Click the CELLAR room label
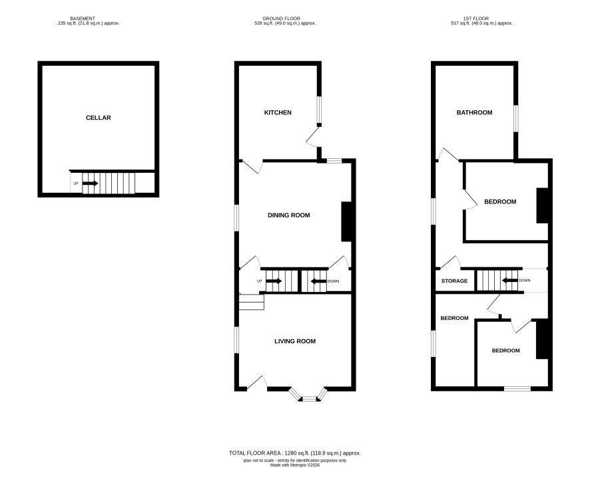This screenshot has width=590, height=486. pos(98,118)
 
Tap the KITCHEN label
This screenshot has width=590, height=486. pos(278,112)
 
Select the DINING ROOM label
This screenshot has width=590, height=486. pos(288,215)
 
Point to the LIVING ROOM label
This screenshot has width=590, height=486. pos(295,341)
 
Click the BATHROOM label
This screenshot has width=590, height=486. pos(475,112)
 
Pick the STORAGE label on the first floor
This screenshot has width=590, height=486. pos(455,281)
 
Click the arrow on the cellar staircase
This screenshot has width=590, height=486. pos(91,183)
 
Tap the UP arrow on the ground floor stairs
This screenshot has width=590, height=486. pos(274,281)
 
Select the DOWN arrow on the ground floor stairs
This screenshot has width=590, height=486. pos(318,281)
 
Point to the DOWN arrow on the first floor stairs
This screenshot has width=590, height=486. pos(510,280)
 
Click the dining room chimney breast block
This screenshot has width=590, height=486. pos(346,221)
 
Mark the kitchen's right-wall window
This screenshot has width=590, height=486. pos(319,110)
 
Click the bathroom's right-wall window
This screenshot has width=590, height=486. pos(516,119)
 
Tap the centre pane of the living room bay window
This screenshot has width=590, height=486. pos(310,398)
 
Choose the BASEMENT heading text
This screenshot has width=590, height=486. pos(83,19)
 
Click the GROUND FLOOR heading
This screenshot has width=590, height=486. pos(282,19)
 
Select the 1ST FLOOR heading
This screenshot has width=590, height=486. pos(476,19)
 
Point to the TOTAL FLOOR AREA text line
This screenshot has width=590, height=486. pos(294,453)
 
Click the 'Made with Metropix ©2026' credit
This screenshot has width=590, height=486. pos(294,465)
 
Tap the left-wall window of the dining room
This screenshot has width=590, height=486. pos(236,217)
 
